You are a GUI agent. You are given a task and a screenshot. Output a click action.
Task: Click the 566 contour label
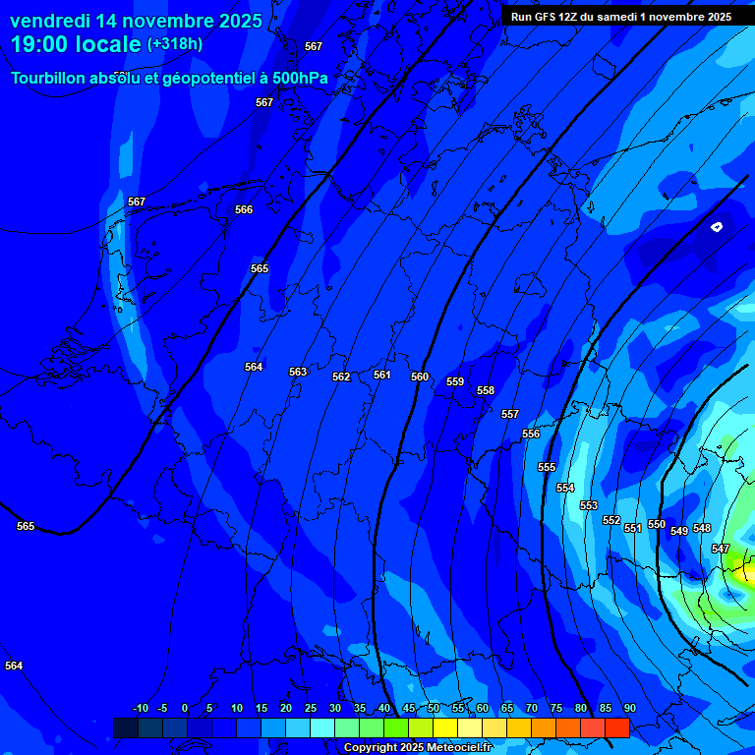pyautogui.click(x=244, y=209)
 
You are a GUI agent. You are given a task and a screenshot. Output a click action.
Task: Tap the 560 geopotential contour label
pyautogui.click(x=420, y=377)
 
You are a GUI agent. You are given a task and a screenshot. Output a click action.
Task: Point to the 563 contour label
pyautogui.click(x=298, y=372)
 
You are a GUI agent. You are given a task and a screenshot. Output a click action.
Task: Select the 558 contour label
pyautogui.click(x=486, y=390)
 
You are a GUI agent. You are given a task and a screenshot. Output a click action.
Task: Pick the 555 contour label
pyautogui.click(x=547, y=467)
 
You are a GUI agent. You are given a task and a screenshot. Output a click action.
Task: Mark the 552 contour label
pyautogui.click(x=611, y=520)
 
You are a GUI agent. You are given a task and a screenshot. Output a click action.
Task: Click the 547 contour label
pyautogui.click(x=721, y=549)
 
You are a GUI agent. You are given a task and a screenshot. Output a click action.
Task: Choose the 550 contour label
pyautogui.click(x=657, y=524)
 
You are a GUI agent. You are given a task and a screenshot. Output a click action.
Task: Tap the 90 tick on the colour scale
pyautogui.click(x=629, y=708)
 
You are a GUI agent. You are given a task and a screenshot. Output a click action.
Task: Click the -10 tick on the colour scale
pyautogui.click(x=140, y=708)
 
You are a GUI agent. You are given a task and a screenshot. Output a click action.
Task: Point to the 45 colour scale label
pyautogui.click(x=408, y=708)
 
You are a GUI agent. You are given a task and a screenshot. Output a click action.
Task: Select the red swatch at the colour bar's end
pyautogui.click(x=616, y=727)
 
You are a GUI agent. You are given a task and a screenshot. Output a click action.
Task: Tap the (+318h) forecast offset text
pyautogui.click(x=175, y=44)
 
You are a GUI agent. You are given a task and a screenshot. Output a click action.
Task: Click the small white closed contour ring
pyautogui.click(x=717, y=227)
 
